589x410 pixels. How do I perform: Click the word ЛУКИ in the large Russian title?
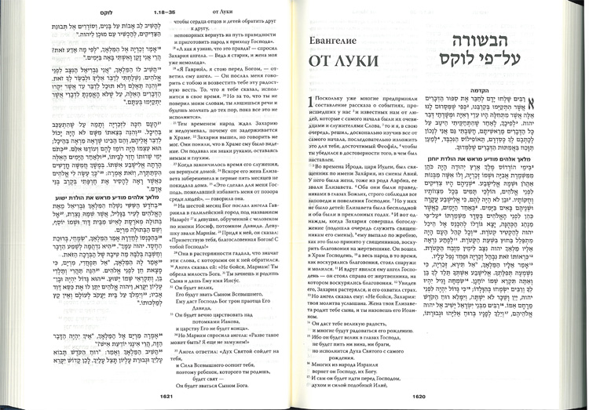click(355, 61)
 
